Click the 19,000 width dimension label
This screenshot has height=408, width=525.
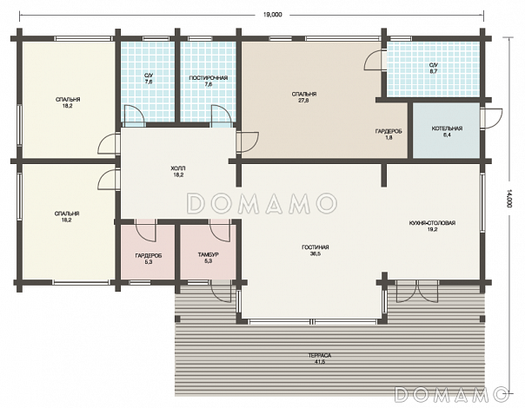(x=273, y=15)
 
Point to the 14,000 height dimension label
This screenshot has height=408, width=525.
(x=509, y=199)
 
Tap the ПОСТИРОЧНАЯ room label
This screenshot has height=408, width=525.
(x=209, y=78)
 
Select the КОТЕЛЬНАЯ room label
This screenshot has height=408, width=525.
(x=447, y=128)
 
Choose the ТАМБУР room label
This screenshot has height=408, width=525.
(x=208, y=254)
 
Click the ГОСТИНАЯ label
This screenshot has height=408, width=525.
(x=315, y=247)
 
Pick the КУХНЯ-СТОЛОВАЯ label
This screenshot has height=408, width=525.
(x=432, y=223)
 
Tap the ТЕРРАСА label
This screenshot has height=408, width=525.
(x=320, y=355)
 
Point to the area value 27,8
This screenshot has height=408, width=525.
(x=304, y=101)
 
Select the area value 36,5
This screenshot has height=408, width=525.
(x=315, y=253)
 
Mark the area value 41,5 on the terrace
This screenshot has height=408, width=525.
(x=320, y=361)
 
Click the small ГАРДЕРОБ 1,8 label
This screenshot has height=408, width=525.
(x=389, y=134)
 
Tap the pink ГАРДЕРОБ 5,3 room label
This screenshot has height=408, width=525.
(x=149, y=259)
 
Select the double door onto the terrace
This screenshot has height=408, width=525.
(x=417, y=292)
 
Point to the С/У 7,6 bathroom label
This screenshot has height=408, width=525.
(x=149, y=78)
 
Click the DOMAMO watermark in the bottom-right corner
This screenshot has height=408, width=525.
(x=451, y=394)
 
